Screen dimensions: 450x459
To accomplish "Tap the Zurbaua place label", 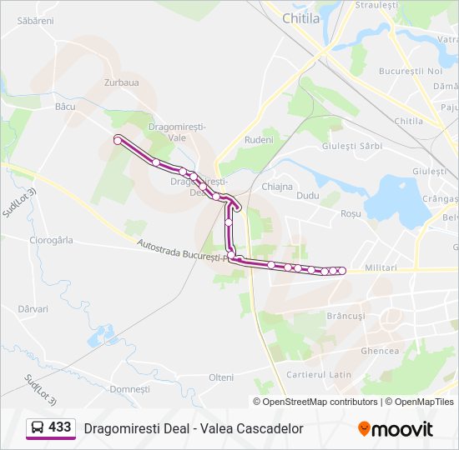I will [121, 82].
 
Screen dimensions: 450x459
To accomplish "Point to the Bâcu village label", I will [64, 107].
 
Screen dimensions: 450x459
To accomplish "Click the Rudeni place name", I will [259, 140].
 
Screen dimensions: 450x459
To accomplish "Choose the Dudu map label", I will [308, 195].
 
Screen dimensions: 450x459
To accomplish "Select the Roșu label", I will [351, 214].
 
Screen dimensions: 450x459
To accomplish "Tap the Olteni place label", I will [221, 377].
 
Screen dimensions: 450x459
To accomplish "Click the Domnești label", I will [129, 389].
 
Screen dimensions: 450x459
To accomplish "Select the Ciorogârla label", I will [51, 240].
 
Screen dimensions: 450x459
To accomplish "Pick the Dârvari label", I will [33, 308].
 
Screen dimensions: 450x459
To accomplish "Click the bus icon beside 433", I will [38, 428].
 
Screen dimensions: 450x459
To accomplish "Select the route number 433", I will [60, 427].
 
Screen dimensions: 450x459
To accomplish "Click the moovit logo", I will [396, 429].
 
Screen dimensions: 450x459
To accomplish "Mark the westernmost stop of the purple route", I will [118, 141].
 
